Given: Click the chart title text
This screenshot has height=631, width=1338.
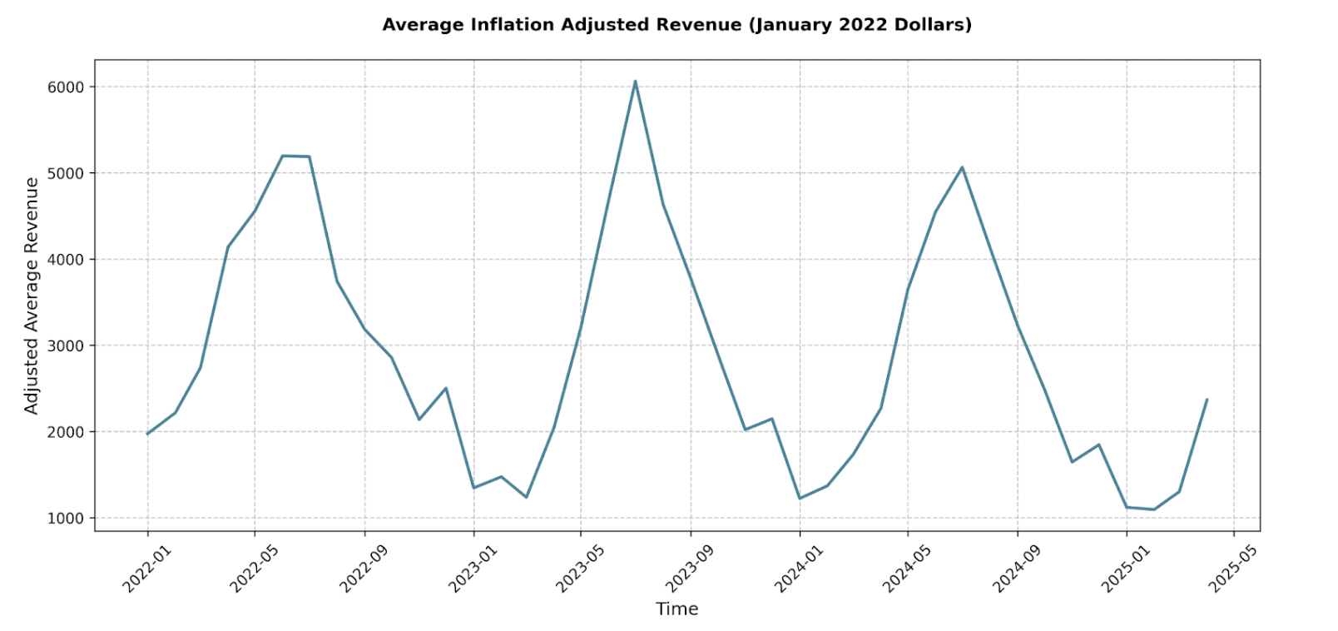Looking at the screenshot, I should point(676,25).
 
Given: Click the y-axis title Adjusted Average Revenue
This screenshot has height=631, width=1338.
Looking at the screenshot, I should point(32,296).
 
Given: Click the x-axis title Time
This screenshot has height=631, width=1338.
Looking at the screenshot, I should point(676,609).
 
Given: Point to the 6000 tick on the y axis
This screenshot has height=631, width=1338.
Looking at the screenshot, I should point(66,87).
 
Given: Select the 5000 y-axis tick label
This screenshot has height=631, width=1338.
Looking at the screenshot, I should point(66,173).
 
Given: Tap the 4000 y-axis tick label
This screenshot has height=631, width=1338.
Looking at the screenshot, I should point(66,260).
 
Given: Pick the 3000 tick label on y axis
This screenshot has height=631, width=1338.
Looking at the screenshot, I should point(66,345).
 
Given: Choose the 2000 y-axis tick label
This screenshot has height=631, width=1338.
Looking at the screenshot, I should point(66,432).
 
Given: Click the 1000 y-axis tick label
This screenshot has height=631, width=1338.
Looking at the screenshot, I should point(66,518).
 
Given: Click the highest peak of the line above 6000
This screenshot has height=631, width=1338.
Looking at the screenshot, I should point(635,82).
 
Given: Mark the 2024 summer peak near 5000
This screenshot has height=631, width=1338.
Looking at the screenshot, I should point(962,167).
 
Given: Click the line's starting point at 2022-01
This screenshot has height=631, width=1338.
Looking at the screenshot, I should point(148,434).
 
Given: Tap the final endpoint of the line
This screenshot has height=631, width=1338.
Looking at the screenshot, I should point(1207,400).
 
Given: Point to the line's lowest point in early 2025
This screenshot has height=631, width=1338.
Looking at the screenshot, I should point(1153,509).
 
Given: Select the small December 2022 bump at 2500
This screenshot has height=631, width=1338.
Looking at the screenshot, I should point(446,388).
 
